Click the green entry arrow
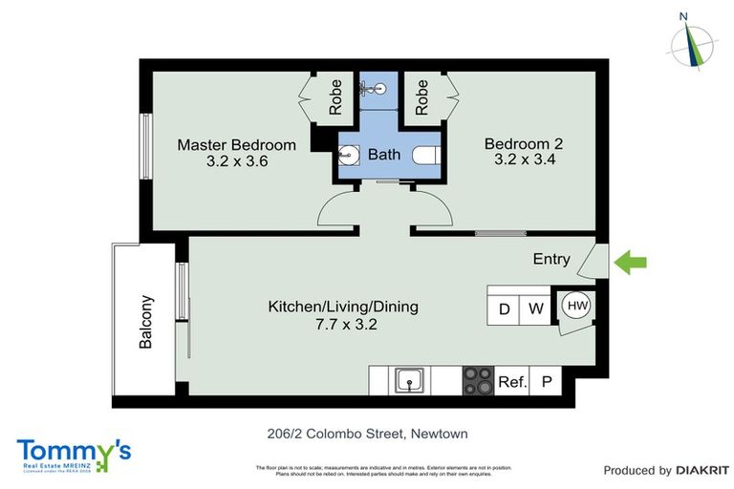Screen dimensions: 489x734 631,261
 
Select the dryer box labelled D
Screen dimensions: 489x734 504,309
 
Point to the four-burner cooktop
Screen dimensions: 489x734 478,381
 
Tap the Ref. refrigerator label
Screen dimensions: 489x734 512,382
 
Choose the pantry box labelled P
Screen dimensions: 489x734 548,382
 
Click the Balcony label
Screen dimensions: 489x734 146,325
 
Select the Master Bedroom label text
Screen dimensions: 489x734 236,145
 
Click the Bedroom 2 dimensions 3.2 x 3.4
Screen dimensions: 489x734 523,161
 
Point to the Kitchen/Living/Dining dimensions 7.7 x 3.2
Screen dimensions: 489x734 342,325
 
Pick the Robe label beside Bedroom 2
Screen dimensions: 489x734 421,96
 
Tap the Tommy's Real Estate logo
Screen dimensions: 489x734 73,455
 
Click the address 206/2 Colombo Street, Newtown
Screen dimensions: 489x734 367,434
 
